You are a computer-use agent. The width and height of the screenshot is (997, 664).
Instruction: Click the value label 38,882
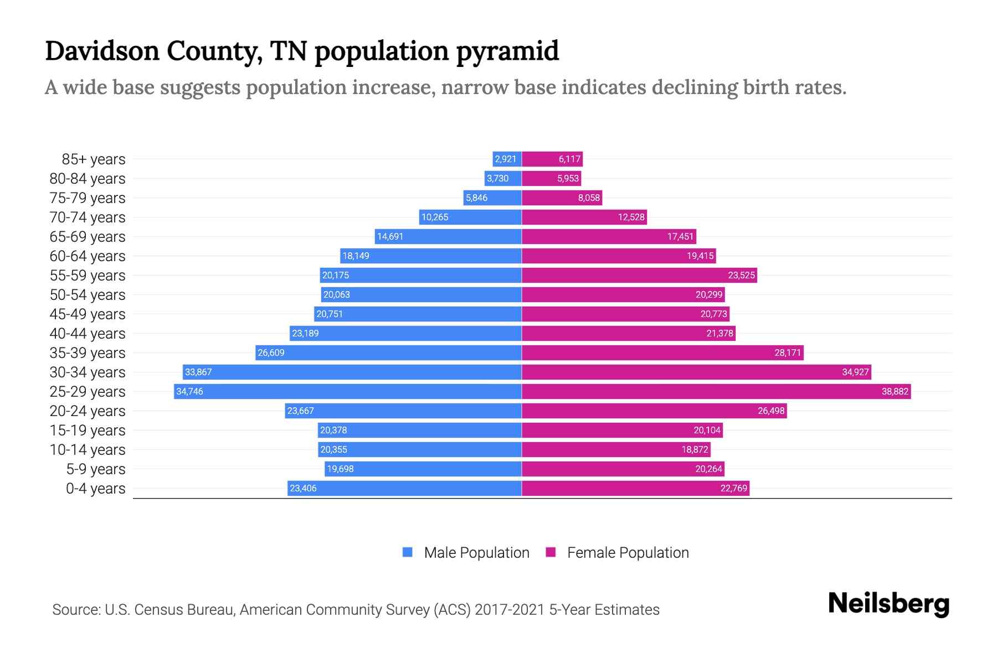895,391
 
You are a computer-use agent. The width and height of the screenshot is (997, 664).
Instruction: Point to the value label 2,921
505,159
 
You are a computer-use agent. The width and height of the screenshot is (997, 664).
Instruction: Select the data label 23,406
303,488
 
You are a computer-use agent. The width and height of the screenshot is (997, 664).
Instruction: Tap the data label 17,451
680,236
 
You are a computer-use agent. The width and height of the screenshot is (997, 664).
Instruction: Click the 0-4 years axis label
95,488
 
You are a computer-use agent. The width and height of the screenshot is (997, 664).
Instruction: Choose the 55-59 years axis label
88,275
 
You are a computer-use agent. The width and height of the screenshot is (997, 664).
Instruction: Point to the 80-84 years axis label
88,178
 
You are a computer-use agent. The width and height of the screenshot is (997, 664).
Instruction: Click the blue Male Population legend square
408,552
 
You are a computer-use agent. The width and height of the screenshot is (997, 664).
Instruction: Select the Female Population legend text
628,552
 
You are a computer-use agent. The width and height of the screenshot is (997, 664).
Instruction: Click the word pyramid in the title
507,51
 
